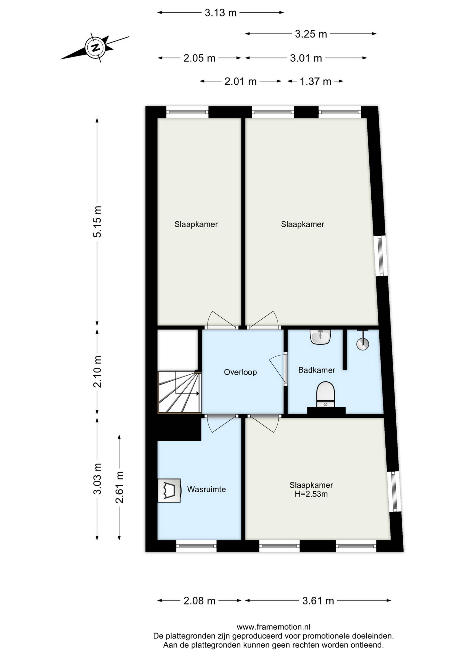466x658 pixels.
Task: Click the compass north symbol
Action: click(x=95, y=47)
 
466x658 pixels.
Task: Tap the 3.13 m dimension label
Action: click(x=220, y=13)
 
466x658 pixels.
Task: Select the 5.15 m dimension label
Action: click(x=97, y=222)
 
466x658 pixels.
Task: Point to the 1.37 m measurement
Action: click(x=315, y=82)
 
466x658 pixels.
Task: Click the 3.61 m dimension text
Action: click(x=318, y=601)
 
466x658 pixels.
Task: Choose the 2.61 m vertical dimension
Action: click(x=119, y=487)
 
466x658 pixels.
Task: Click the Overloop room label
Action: click(x=240, y=372)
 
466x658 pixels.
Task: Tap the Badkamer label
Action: click(x=316, y=370)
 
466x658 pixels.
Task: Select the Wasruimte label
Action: click(x=206, y=489)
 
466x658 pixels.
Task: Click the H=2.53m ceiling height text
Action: click(x=311, y=494)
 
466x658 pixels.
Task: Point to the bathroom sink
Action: click(x=321, y=337)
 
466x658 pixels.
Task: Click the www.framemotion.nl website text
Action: click(x=273, y=627)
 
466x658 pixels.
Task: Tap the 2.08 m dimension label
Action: click(x=200, y=601)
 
